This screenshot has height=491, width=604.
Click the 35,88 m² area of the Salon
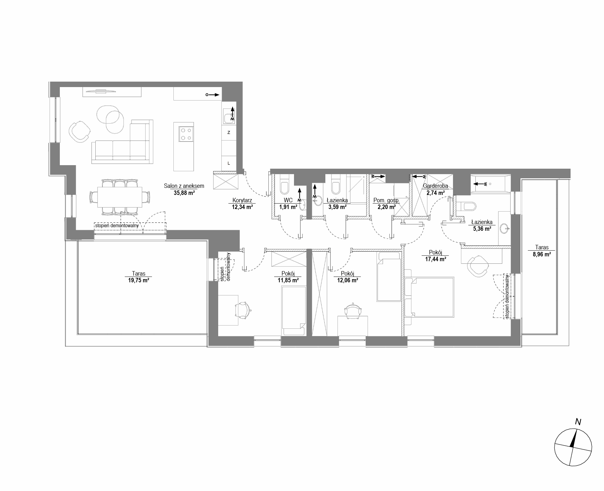[x=184, y=193]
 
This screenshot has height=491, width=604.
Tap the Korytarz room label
[x=242, y=201]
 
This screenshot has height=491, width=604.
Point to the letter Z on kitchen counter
[x=229, y=133]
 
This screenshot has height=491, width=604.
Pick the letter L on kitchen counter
[x=229, y=163]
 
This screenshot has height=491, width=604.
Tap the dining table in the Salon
[x=120, y=197]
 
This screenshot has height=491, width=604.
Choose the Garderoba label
[x=435, y=186]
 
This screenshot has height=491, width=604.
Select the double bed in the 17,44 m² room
[x=429, y=297]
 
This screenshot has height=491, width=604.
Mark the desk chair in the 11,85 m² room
[x=243, y=310]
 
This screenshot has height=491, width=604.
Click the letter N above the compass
[x=578, y=422]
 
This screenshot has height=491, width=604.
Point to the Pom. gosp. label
[x=386, y=201]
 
